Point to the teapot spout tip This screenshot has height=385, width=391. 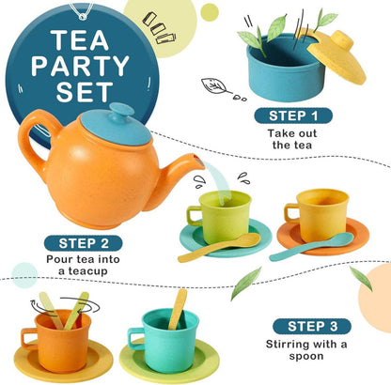pyautogui.click(x=199, y=161)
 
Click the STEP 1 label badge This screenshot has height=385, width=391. pyautogui.click(x=293, y=115)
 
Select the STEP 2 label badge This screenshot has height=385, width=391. pyautogui.click(x=83, y=243)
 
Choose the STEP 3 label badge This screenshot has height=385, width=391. pyautogui.click(x=312, y=327)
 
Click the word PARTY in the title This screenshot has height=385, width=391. pyautogui.click(x=80, y=66)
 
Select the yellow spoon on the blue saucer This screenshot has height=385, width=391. pyautogui.click(x=219, y=247)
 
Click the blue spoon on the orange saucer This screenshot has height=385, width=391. pyautogui.click(x=311, y=247)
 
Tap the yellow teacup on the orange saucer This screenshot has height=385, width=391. pyautogui.click(x=318, y=214)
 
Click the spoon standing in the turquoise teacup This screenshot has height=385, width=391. pyautogui.click(x=178, y=309)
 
